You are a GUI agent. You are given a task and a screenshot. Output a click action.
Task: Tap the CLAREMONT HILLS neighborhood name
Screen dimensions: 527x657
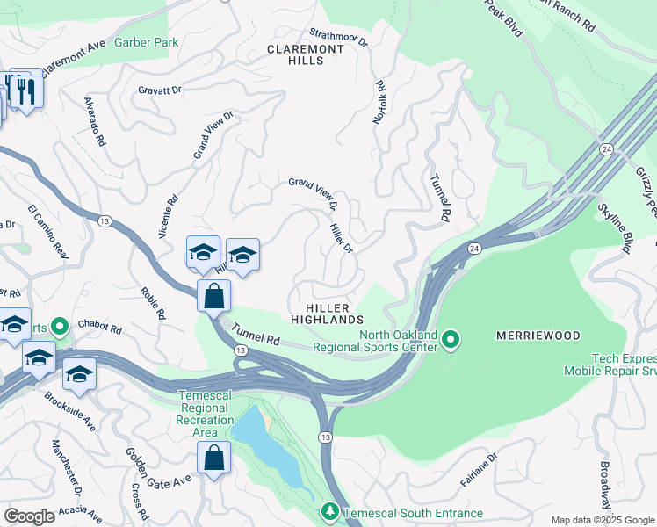pos(306,56)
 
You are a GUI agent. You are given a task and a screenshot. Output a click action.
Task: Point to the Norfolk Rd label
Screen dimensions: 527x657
pos(380,102)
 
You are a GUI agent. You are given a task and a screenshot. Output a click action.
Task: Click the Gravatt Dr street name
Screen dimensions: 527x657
pos(159,90)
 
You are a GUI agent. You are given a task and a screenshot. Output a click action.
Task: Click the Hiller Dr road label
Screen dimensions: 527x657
pos(341,238)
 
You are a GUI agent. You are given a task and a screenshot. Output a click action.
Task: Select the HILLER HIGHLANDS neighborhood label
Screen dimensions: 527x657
pos(321,314)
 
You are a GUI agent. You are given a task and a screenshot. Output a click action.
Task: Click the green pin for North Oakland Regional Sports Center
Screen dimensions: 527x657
pos(451,338)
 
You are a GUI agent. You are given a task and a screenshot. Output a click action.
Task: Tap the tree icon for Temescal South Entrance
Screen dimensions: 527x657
pos(330,511)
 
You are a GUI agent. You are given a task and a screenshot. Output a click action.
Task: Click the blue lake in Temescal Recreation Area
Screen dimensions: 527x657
pos(255,433)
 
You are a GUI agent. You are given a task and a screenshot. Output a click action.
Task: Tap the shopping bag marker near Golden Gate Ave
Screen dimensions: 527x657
pos(213,457)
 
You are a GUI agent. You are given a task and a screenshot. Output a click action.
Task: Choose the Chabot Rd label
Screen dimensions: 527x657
pos(98,326)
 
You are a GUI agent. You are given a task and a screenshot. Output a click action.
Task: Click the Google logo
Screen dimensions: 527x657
pos(30,516)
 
